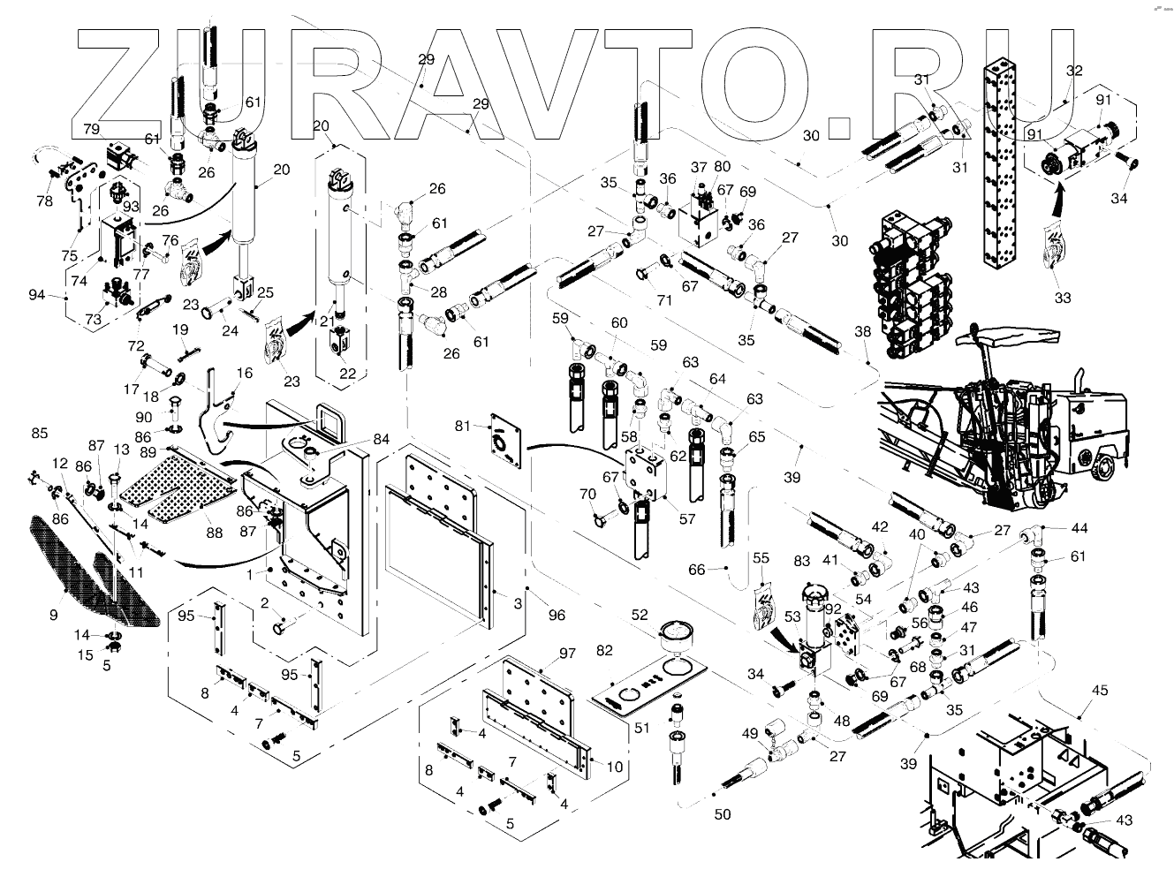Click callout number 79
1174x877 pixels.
click(x=91, y=129)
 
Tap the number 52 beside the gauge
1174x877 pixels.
click(x=640, y=616)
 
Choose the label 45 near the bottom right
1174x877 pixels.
click(x=1099, y=690)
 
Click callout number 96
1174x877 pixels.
click(x=557, y=615)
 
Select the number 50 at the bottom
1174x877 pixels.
click(x=723, y=814)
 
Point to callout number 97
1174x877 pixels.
click(x=566, y=653)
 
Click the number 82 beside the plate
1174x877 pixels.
click(x=604, y=650)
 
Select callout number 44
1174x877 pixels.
click(x=1079, y=528)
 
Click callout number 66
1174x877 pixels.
click(x=697, y=570)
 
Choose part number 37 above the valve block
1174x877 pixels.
click(x=699, y=167)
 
